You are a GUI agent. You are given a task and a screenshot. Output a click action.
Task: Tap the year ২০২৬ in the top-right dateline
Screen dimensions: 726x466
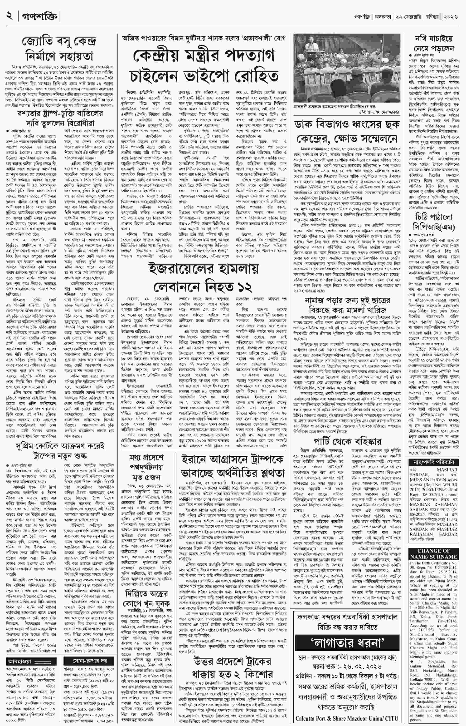451,16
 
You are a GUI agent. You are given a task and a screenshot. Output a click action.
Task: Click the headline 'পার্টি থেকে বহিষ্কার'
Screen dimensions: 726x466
347,441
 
